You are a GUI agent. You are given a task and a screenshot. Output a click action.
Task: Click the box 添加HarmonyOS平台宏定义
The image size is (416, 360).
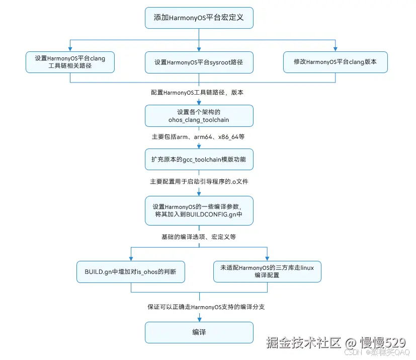(199, 18)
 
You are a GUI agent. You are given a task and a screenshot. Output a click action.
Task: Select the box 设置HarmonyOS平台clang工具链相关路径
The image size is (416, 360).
(70, 62)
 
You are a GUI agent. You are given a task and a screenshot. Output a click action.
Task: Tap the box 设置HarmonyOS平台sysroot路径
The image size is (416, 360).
(199, 62)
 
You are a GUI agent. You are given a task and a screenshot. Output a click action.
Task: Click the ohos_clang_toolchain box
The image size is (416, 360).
(199, 116)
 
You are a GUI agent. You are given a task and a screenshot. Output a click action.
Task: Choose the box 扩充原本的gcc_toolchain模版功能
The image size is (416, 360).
(199, 159)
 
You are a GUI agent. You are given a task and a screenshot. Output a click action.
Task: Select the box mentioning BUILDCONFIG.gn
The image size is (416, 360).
(199, 210)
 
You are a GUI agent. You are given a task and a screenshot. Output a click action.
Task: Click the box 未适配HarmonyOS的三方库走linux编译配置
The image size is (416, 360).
(267, 272)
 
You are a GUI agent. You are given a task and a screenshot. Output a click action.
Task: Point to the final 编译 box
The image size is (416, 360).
(199, 332)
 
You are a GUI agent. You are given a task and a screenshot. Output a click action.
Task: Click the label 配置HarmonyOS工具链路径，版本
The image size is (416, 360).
(198, 93)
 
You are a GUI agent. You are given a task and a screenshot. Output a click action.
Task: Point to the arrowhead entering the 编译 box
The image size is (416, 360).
(199, 318)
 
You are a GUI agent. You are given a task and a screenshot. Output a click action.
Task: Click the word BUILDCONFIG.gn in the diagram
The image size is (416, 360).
(211, 214)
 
